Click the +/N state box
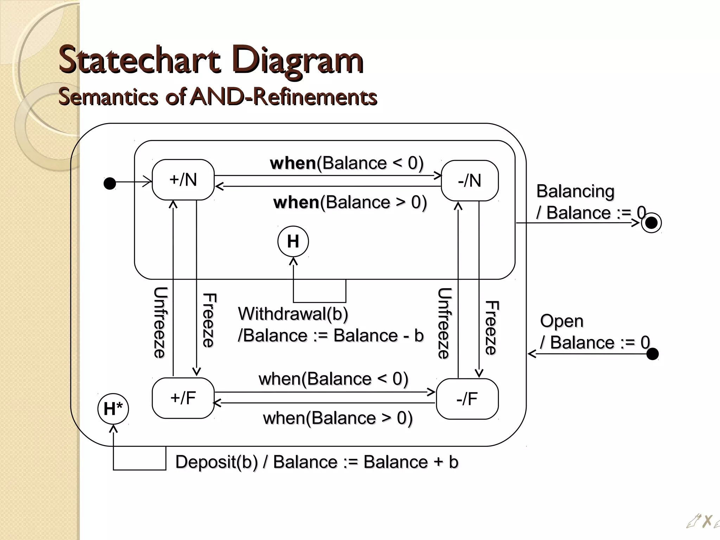click(x=183, y=180)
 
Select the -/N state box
click(x=469, y=181)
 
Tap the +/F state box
click(x=183, y=398)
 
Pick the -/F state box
click(x=467, y=399)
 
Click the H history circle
click(x=293, y=242)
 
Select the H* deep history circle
click(x=113, y=409)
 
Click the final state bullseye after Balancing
click(x=651, y=223)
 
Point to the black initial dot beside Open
click(x=652, y=354)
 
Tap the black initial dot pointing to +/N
click(x=110, y=183)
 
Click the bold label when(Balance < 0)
click(x=347, y=163)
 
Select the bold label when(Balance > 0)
click(x=350, y=202)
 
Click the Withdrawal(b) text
click(x=293, y=314)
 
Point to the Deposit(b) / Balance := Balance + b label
click(x=316, y=462)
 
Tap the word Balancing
click(x=575, y=191)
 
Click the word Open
click(x=561, y=321)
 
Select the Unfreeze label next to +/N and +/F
click(x=160, y=322)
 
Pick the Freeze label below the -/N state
click(x=491, y=327)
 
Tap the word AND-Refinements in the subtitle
click(x=283, y=97)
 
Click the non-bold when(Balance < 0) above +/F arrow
click(x=333, y=379)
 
